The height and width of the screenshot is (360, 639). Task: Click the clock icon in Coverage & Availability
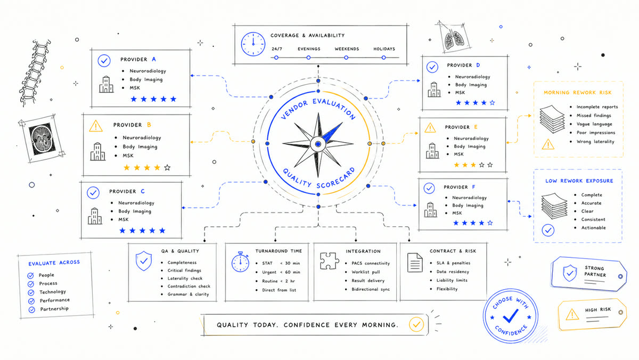click(x=253, y=44)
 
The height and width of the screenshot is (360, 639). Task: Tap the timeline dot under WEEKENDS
click(x=346, y=58)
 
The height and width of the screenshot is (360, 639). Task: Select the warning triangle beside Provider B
click(x=96, y=126)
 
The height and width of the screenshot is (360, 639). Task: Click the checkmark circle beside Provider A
click(x=104, y=61)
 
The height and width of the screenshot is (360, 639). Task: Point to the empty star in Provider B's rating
click(x=167, y=167)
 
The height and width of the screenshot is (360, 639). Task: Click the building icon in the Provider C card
click(x=95, y=216)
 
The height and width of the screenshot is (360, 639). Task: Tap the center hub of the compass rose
click(x=318, y=144)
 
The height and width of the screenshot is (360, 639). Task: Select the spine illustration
click(x=35, y=73)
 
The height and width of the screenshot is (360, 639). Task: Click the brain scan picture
click(x=42, y=139)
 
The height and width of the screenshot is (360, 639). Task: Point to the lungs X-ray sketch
click(x=454, y=37)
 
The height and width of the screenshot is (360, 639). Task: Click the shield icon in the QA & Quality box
click(x=144, y=261)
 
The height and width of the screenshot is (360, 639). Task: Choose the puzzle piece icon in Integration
click(x=330, y=261)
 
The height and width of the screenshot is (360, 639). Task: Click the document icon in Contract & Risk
click(x=415, y=263)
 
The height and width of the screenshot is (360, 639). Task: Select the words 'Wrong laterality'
click(x=595, y=142)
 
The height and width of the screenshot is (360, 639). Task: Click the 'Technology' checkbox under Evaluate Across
click(x=31, y=293)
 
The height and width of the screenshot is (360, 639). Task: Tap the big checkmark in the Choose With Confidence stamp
click(x=511, y=316)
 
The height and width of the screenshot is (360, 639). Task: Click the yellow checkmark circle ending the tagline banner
click(x=416, y=324)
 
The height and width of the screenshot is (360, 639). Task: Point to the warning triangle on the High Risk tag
click(x=572, y=315)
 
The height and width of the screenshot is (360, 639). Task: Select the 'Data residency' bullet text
click(x=453, y=272)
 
